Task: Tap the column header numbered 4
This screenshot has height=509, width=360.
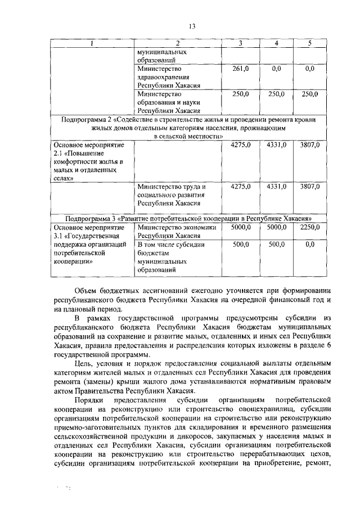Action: [276, 43]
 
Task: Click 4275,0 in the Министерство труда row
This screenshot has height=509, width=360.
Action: [241, 186]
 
